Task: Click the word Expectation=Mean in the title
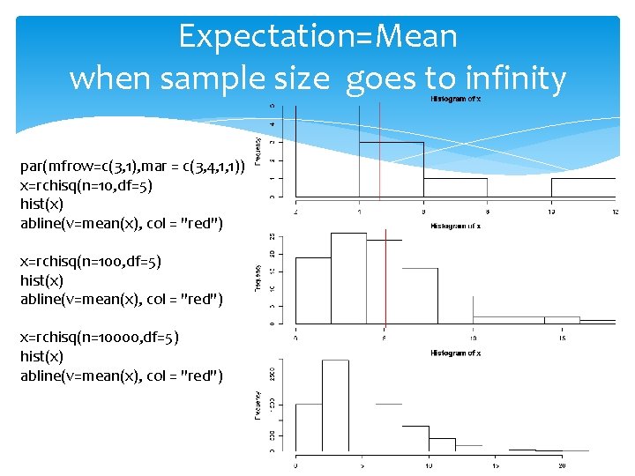click(x=317, y=37)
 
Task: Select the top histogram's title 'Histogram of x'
click(x=455, y=99)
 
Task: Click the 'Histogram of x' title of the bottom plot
click(x=455, y=353)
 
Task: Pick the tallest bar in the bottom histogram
click(x=335, y=405)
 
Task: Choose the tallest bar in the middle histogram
click(x=348, y=278)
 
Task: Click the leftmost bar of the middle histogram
click(x=313, y=290)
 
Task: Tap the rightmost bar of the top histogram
click(x=583, y=188)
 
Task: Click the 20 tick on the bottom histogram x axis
click(x=562, y=465)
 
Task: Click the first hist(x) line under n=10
click(x=41, y=204)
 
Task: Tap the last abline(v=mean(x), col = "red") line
click(x=122, y=376)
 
